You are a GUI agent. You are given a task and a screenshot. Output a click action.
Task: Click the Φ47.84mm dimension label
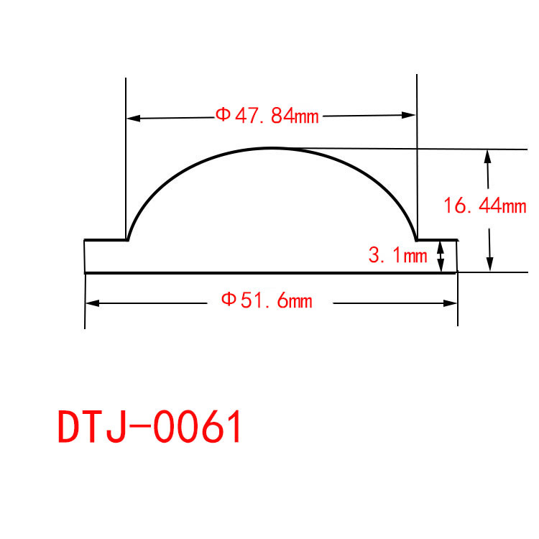click(267, 116)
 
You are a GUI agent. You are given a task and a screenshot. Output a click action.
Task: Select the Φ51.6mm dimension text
click(267, 300)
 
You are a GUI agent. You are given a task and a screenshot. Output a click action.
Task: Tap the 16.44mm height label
click(485, 206)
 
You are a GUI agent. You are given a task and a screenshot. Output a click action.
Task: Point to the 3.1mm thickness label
click(397, 255)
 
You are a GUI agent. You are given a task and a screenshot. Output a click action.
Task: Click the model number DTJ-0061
click(149, 427)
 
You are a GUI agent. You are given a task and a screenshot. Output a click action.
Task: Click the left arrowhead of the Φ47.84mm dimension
click(134, 119)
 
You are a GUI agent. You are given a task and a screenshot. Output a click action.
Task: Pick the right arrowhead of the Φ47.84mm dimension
click(409, 115)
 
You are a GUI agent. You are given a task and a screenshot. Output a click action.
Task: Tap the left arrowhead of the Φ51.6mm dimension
click(93, 303)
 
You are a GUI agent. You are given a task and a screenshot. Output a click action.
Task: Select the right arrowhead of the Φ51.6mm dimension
click(450, 303)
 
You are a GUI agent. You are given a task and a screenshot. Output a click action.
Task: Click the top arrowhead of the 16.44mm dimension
click(487, 157)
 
